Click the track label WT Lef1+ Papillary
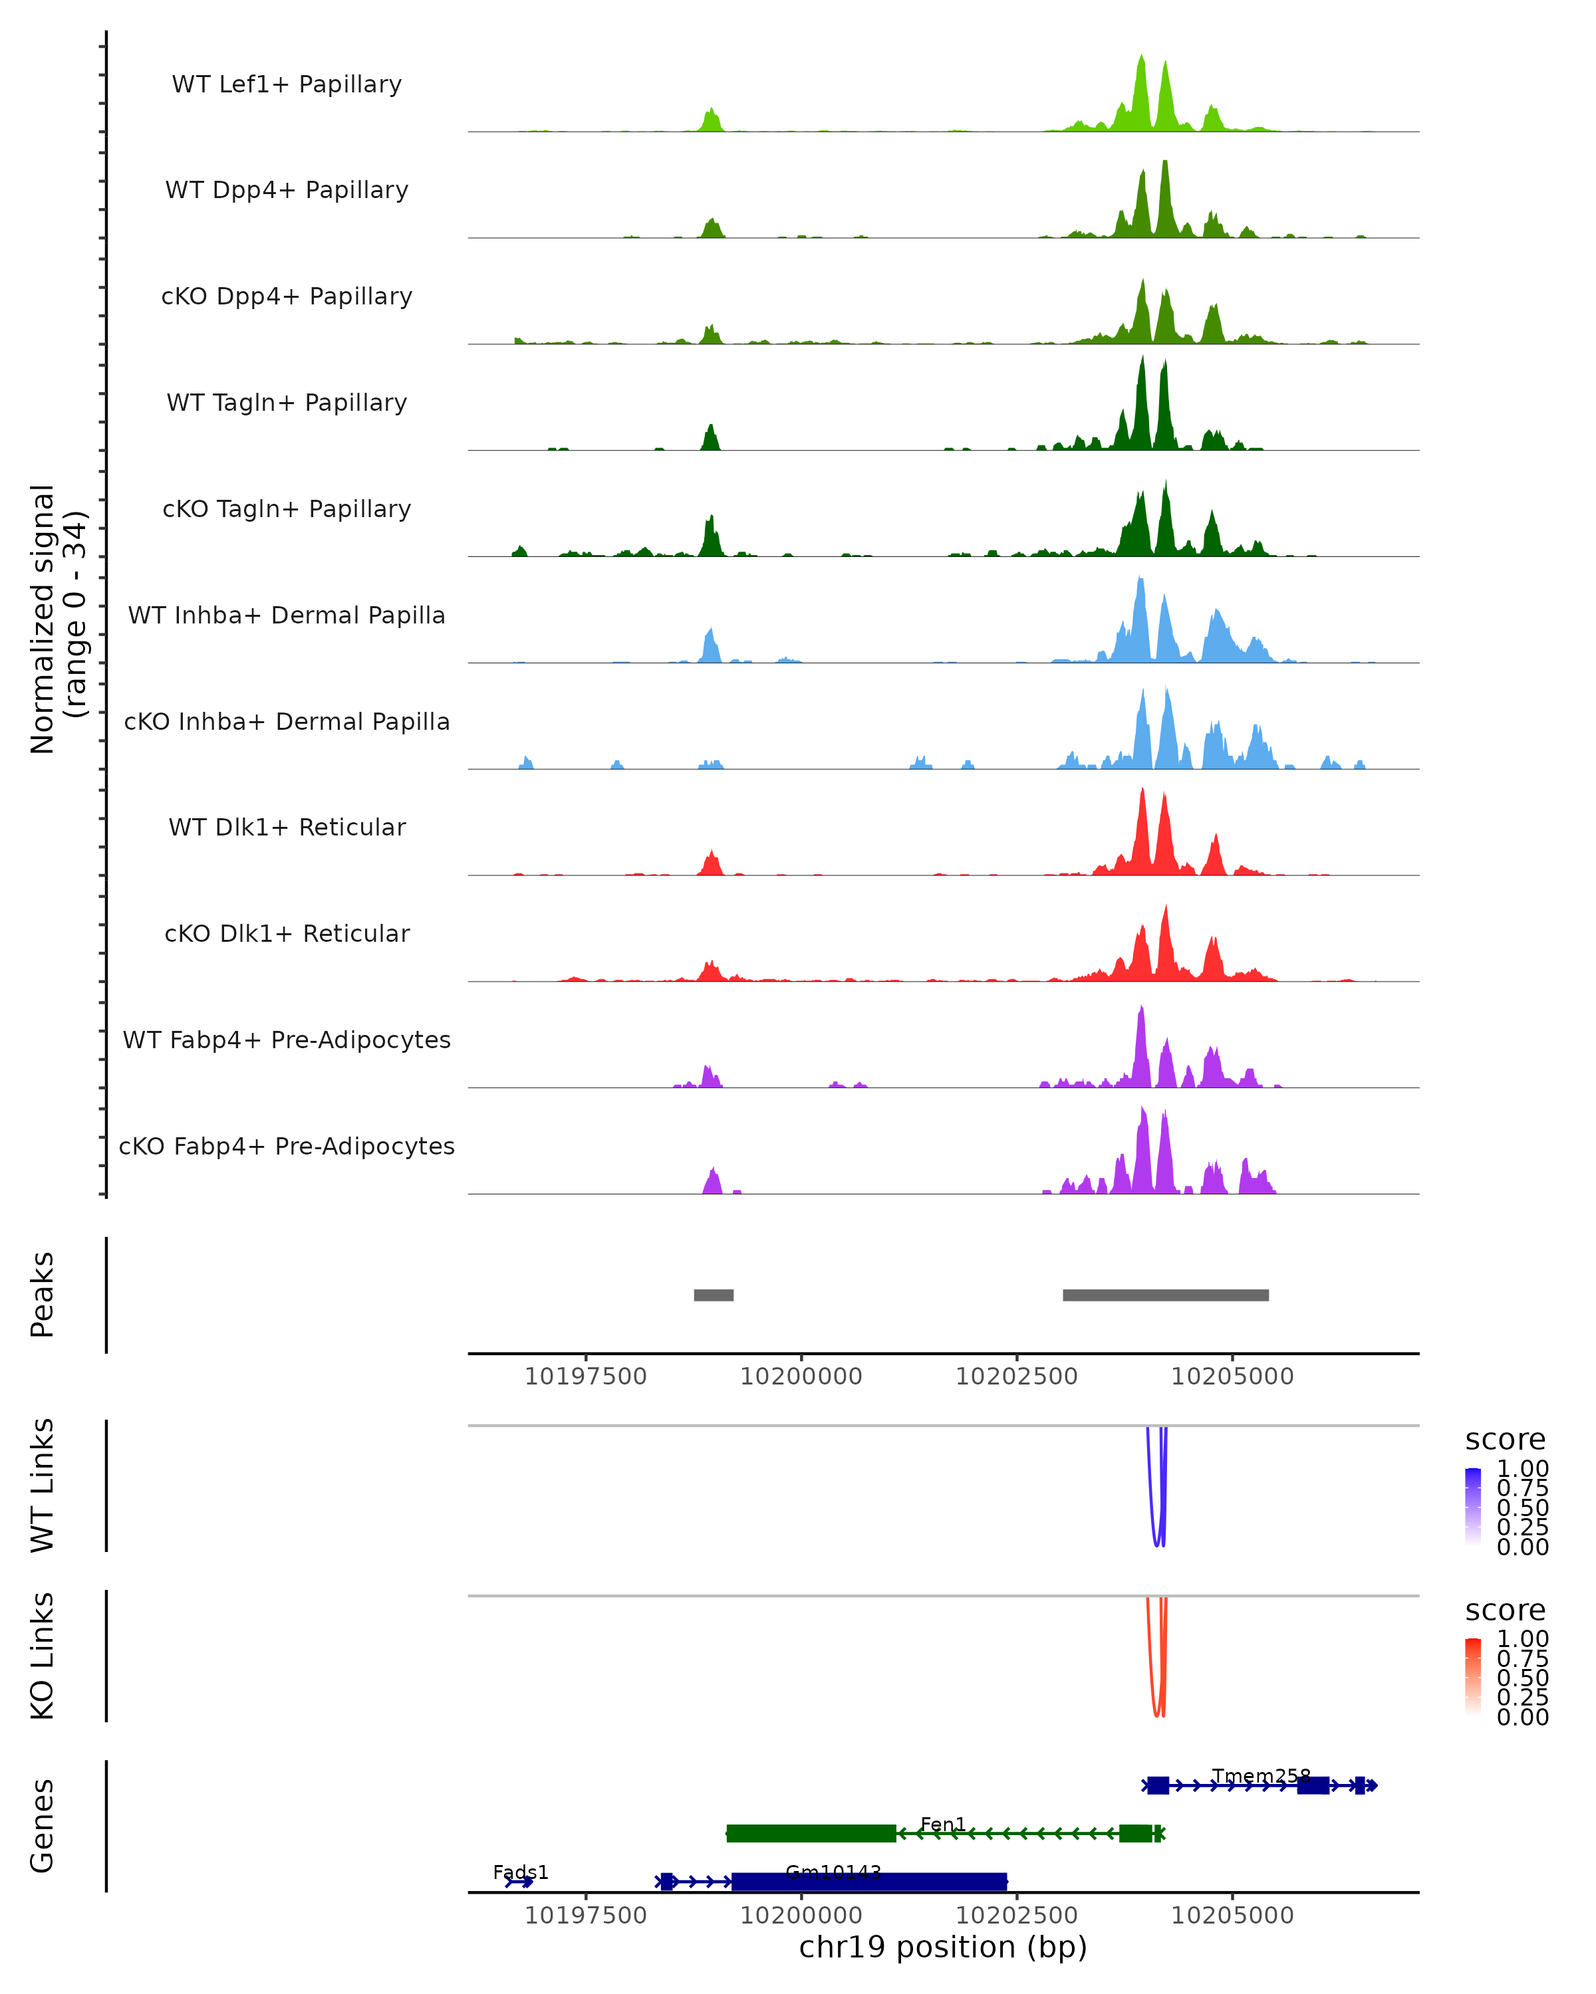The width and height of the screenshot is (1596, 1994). pos(287,84)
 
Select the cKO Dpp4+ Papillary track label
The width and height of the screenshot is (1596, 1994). pos(287,296)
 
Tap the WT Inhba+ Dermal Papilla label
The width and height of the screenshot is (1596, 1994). pos(287,615)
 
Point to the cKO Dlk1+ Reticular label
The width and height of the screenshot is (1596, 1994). pos(287,933)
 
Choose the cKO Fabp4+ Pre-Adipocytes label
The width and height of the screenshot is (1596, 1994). pos(287,1146)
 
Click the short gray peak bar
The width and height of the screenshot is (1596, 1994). pos(714,1295)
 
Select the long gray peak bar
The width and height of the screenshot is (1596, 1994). pos(1165,1295)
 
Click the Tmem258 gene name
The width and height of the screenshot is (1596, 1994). pos(1261,1776)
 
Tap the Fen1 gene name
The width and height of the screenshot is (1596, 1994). pos(943,1824)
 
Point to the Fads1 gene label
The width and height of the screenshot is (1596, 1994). pos(521,1872)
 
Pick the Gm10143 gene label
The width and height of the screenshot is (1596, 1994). pos(833,1872)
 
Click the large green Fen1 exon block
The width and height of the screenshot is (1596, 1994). pos(811,1833)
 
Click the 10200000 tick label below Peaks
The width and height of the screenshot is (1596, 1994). pos(801,1377)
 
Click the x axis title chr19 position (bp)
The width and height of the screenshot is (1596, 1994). pos(943,1947)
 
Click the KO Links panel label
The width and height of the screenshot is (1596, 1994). pos(43,1656)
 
